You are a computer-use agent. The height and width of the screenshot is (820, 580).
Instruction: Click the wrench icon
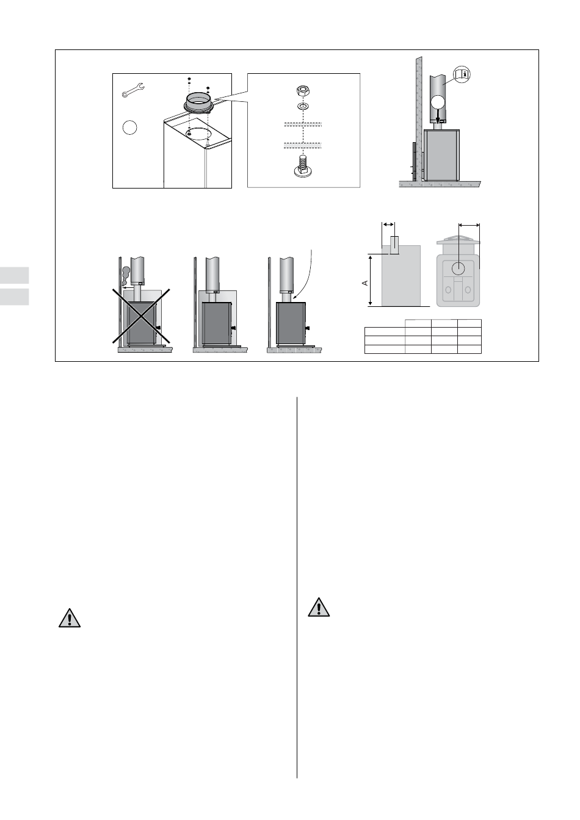pos(133,90)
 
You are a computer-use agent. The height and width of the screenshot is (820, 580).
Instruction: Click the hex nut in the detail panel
pos(302,90)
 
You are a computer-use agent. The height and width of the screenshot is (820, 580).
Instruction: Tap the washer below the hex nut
pos(303,107)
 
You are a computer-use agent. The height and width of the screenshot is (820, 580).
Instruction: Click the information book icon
pos(462,74)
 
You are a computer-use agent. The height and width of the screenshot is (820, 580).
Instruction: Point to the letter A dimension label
pos(365,283)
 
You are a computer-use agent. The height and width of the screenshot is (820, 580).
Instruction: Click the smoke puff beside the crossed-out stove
pos(125,276)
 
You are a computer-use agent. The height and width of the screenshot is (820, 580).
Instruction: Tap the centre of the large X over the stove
pos(141,315)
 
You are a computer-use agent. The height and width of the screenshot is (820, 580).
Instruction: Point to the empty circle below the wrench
pos(129,128)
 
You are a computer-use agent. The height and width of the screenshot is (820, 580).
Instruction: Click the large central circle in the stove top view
pos(458,268)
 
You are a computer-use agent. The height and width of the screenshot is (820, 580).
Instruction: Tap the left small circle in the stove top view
pos(448,290)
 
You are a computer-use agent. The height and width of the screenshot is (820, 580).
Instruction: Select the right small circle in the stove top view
pos(468,290)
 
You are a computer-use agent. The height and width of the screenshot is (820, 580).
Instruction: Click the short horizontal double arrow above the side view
pos(388,225)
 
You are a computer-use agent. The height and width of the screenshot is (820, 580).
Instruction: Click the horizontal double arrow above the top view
pos(469,226)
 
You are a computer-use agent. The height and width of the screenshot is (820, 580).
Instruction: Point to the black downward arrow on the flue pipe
pos(437,117)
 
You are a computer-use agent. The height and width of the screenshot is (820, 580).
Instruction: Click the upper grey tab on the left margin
pos(14,275)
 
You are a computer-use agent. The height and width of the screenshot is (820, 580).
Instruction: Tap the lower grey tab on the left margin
pos(14,297)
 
